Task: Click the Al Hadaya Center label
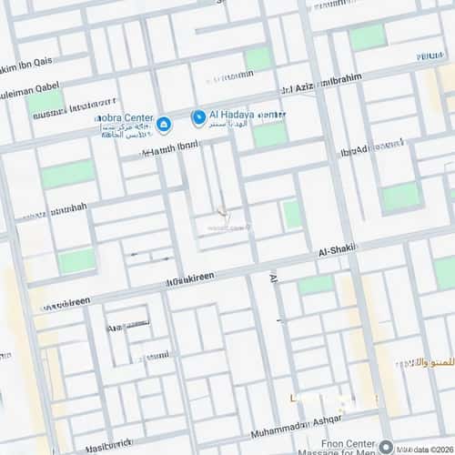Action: click(247, 115)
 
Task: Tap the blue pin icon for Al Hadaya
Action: click(197, 117)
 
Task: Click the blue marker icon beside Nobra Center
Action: click(163, 124)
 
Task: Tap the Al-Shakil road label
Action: click(338, 249)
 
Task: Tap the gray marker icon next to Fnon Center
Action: click(386, 447)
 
